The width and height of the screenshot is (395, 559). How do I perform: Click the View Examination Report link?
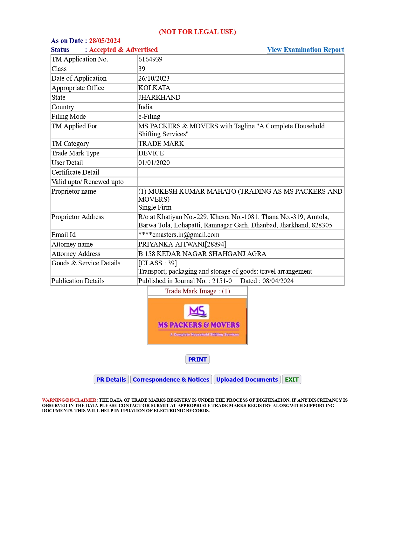coord(305,50)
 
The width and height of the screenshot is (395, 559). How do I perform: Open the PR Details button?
coord(111,379)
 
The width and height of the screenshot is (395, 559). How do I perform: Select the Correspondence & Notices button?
coord(171,379)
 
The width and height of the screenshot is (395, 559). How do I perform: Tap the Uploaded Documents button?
coord(247,379)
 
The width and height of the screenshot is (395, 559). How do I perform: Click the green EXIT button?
coord(291,379)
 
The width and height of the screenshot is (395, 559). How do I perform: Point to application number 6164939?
coord(150,59)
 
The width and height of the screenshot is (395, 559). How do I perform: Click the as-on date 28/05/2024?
coord(105,41)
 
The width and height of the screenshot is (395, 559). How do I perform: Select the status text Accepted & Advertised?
coord(123,50)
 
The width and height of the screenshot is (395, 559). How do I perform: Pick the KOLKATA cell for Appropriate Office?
coord(154,88)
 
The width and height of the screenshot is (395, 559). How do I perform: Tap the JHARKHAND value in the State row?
coord(159,97)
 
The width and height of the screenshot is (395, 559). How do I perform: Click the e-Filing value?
coord(149,117)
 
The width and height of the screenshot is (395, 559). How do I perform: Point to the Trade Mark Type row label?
coord(75,153)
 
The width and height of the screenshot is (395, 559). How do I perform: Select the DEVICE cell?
coord(151,153)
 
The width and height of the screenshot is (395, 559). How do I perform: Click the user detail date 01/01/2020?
coord(154,163)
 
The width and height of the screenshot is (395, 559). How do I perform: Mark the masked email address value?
coord(179,235)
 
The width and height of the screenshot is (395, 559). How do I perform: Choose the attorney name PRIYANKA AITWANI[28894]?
coord(182,244)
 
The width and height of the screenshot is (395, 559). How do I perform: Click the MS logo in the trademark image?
coord(197,311)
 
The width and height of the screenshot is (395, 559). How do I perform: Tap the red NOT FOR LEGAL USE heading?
coord(198,32)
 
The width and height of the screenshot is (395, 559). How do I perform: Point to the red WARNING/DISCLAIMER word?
coord(69,400)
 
